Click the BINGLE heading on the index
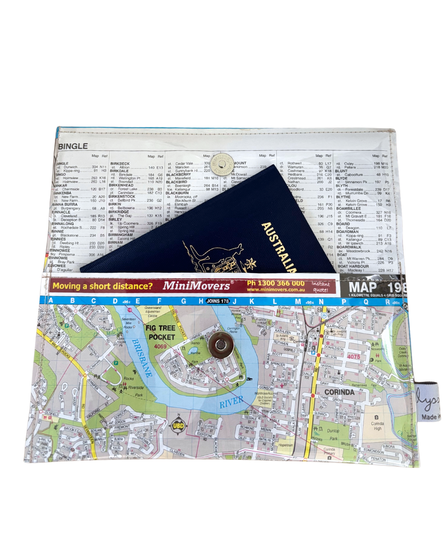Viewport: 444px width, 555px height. (73, 146)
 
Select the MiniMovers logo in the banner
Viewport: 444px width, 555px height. (197, 286)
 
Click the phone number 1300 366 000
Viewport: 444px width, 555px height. (275, 283)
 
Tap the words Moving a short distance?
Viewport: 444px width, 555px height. (102, 286)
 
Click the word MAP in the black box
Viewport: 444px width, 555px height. (363, 287)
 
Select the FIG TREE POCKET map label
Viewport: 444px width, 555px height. (161, 333)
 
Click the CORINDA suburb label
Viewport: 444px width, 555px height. (339, 392)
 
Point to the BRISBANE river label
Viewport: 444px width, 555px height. (142, 358)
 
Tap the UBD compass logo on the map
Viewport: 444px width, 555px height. (178, 425)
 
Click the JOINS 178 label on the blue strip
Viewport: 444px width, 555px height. (217, 301)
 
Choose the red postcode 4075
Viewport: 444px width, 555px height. (353, 356)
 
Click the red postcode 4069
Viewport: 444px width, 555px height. (160, 347)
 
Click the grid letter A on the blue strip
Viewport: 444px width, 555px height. (51, 301)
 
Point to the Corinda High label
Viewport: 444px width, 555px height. (377, 426)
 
